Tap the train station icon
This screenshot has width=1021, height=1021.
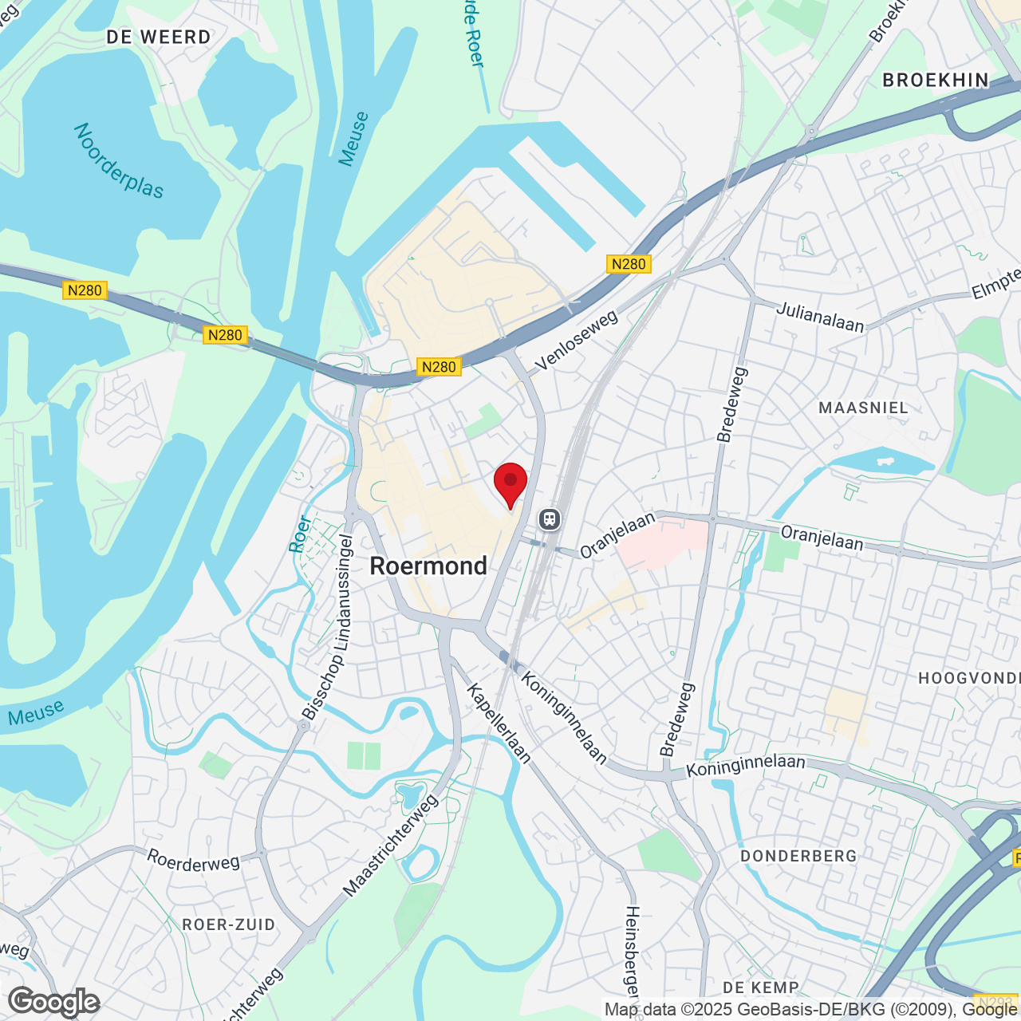pyautogui.click(x=549, y=519)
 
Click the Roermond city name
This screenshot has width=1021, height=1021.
pyautogui.click(x=428, y=566)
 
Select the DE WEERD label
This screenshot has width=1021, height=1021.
pyautogui.click(x=159, y=37)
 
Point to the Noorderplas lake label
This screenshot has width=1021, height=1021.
pyautogui.click(x=118, y=160)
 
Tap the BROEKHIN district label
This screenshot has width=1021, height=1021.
pyautogui.click(x=936, y=81)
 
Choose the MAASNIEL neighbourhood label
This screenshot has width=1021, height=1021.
pyautogui.click(x=863, y=408)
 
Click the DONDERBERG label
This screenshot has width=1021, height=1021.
pyautogui.click(x=798, y=856)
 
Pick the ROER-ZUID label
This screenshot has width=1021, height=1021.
pyautogui.click(x=229, y=924)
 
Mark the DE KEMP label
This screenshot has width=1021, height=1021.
pyautogui.click(x=760, y=987)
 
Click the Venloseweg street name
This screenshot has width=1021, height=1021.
pyautogui.click(x=577, y=341)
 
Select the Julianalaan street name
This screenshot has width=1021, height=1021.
pyautogui.click(x=820, y=316)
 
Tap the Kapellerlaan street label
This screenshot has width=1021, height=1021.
pyautogui.click(x=499, y=723)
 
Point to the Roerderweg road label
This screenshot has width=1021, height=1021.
pyautogui.click(x=194, y=860)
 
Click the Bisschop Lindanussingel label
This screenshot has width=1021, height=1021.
pyautogui.click(x=328, y=627)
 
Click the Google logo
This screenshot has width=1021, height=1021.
pyautogui.click(x=54, y=1002)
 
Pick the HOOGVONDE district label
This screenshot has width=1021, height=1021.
pyautogui.click(x=968, y=679)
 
